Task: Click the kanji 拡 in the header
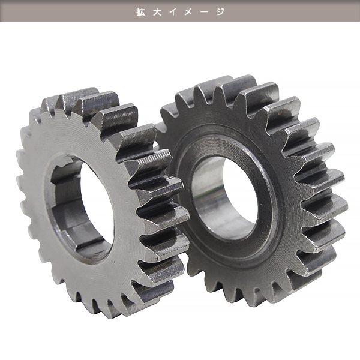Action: (x=141, y=12)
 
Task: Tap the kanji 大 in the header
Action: (x=157, y=12)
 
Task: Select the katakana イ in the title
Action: (x=173, y=12)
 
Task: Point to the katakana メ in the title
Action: (x=188, y=12)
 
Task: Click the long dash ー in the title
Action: (x=204, y=12)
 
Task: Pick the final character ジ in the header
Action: (x=220, y=12)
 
